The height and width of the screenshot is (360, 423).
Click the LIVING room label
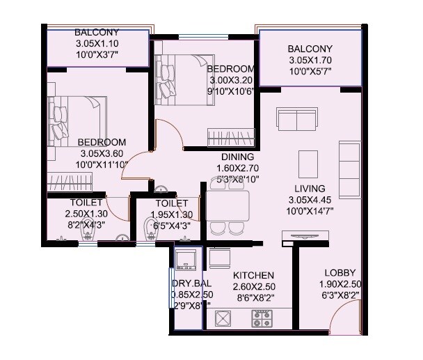pos(310,189)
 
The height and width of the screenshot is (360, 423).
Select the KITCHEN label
pos(253,276)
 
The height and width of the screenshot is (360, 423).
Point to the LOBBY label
pos(340,272)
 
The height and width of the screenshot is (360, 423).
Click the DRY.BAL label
pos(192,284)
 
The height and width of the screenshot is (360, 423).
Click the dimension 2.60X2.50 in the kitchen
pos(253,287)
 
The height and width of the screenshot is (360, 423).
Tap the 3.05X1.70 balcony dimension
pos(310,60)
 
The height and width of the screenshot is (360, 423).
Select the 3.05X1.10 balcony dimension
pos(97,43)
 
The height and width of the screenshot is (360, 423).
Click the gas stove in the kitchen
pos(262,319)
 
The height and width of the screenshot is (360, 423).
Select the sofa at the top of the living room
pos(297,120)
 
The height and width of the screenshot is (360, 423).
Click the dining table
pos(228,206)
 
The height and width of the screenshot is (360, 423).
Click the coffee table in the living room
pos(308,164)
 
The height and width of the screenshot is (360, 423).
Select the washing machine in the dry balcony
pos(186,259)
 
